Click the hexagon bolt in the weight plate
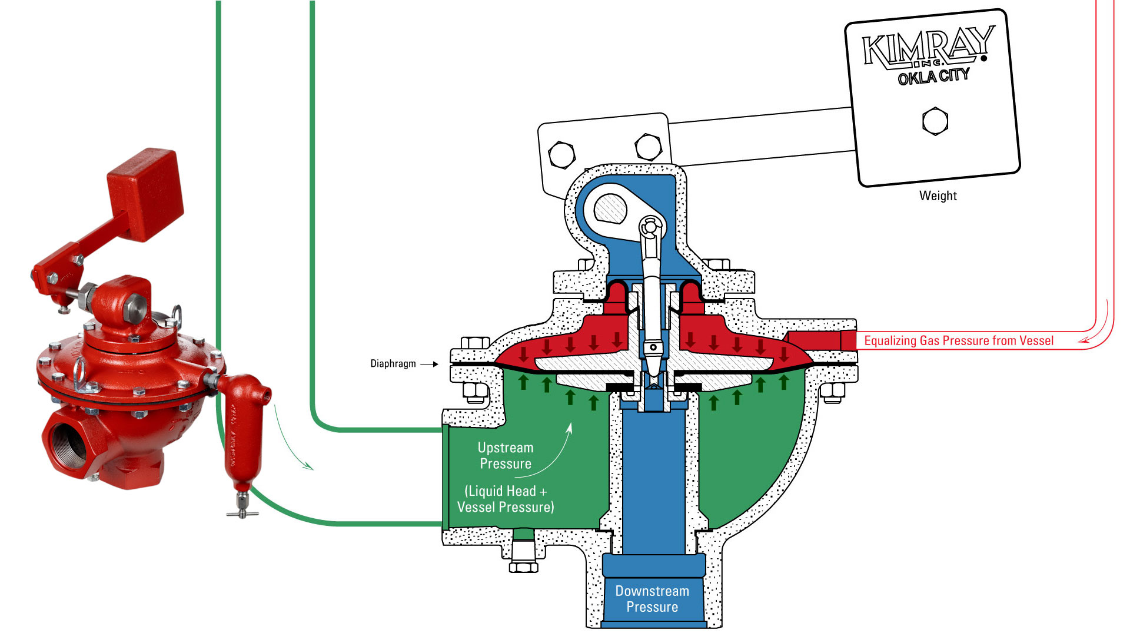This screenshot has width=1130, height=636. click(935, 121)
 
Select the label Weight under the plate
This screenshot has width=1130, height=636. click(938, 196)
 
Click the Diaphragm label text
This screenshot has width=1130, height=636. click(393, 363)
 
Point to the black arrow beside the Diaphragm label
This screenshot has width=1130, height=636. click(429, 364)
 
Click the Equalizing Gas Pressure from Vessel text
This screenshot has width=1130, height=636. click(958, 340)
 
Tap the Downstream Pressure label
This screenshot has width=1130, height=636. click(652, 598)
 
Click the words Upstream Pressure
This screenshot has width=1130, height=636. click(505, 455)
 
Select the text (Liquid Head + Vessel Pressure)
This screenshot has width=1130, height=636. click(505, 499)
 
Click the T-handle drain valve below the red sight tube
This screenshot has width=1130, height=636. click(242, 508)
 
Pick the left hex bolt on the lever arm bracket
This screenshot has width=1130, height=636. click(561, 155)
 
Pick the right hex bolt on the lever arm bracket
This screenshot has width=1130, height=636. click(648, 146)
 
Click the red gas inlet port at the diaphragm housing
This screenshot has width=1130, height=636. click(818, 340)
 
